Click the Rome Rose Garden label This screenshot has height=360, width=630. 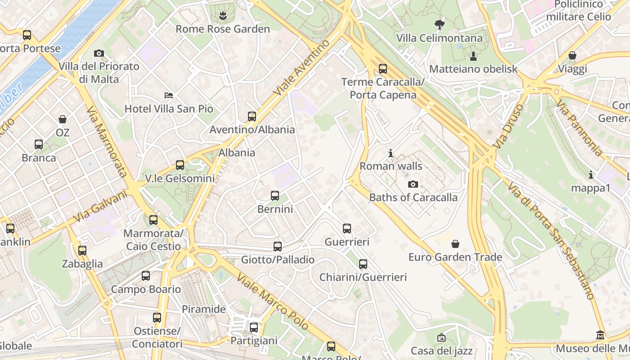tap(223, 29)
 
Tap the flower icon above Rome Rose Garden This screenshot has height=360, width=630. tap(223, 17)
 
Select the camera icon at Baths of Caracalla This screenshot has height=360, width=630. tap(413, 184)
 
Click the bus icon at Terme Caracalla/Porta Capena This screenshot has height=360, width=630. tap(383, 69)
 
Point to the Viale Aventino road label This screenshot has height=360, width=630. tap(302, 67)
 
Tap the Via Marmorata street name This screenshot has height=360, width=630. tap(107, 142)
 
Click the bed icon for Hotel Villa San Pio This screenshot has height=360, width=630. tap(169, 95)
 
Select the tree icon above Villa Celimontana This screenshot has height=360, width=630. tap(439, 25)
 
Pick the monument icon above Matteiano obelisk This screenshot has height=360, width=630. tap(473, 56)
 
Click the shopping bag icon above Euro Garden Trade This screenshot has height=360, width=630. tap(455, 244)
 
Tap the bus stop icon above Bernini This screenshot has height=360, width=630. tap(275, 196)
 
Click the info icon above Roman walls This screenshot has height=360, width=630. tap(391, 153)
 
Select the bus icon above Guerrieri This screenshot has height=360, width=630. tap(347, 229)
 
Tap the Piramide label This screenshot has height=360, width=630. tap(204, 309)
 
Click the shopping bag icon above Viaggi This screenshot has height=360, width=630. tap(572, 56)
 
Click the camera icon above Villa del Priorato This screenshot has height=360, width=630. tap(99, 54)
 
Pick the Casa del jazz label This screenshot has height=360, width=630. tap(441, 351)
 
